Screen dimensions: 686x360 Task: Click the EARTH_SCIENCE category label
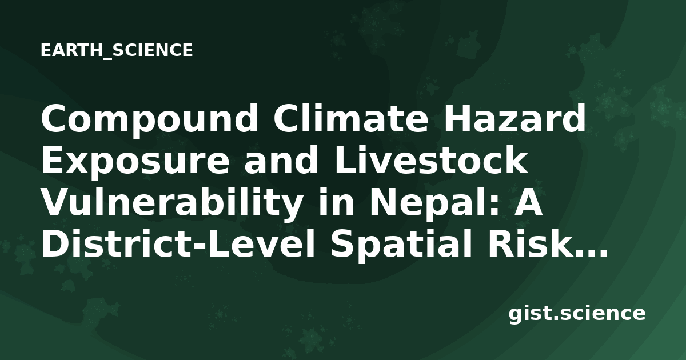tap(117, 50)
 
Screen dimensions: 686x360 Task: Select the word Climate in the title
tap(350, 118)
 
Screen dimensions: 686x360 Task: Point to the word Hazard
tap(514, 118)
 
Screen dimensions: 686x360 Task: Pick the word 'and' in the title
tap(281, 161)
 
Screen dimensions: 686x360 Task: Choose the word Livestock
tap(431, 161)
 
